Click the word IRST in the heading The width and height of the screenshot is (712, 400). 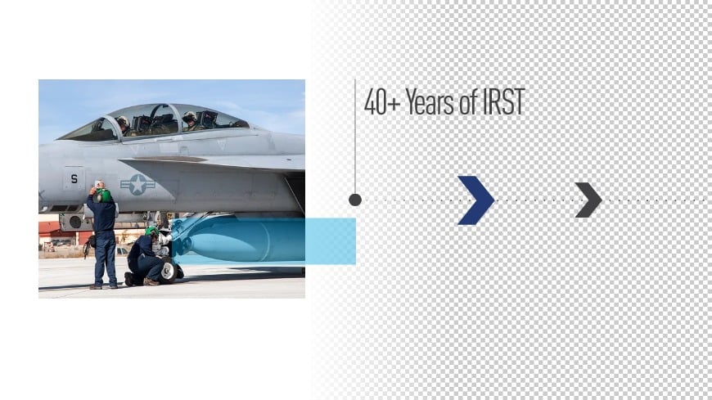coord(501,103)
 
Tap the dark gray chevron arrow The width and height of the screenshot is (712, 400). coord(588,200)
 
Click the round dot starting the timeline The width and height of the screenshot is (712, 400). coord(355,200)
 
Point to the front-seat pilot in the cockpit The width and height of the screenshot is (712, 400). coord(124,125)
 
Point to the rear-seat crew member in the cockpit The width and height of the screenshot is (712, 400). coord(190,119)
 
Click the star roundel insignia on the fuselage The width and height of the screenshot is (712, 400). coord(137,184)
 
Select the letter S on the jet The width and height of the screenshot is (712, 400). coord(74,178)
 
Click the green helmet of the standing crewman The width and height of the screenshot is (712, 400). coord(104,196)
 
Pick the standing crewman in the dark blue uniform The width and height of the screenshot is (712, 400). coord(104,237)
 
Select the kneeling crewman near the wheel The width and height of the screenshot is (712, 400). coord(145,258)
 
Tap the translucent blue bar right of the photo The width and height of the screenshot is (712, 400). coord(331,241)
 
